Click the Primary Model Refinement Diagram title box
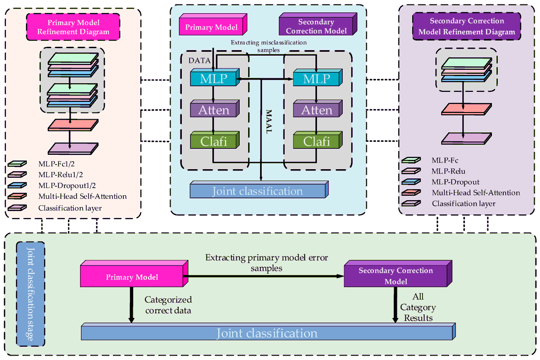(73, 27)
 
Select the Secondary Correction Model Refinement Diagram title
(467, 27)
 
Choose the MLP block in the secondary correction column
(317, 79)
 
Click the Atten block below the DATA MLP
(214, 110)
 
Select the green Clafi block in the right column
(317, 141)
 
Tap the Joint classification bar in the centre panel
(258, 191)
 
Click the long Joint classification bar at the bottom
(266, 333)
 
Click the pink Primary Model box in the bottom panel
(132, 277)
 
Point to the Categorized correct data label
(168, 304)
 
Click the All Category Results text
(418, 308)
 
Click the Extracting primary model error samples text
(266, 263)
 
